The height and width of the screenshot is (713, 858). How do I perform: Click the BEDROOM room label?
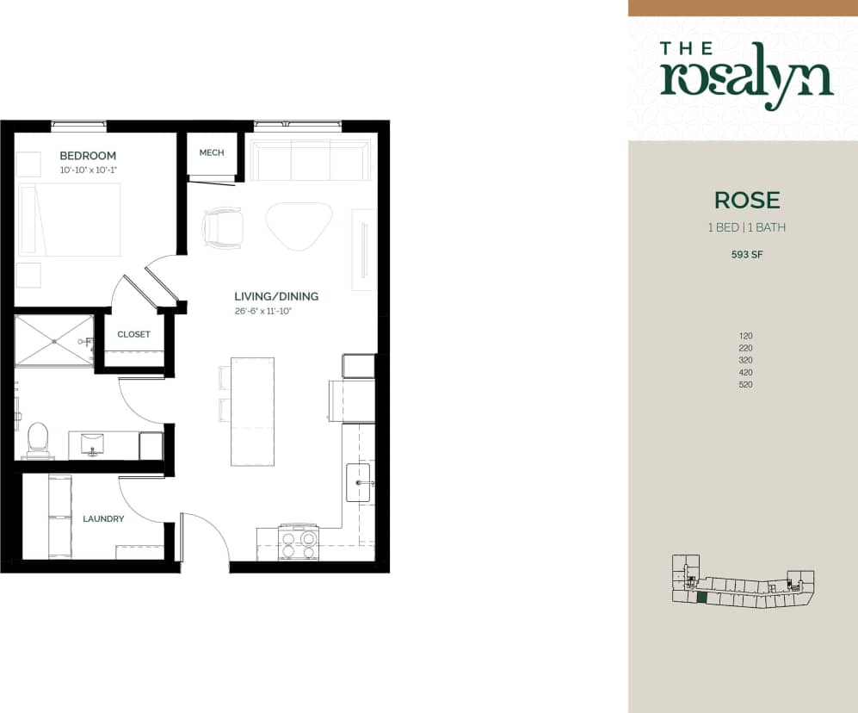[x=87, y=156]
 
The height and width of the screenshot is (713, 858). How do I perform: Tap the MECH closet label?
[x=212, y=152]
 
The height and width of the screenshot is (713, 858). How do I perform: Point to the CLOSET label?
[x=133, y=334]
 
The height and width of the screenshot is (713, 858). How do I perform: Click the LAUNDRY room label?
[x=103, y=519]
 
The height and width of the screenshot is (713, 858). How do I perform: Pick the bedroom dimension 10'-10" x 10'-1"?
[x=87, y=170]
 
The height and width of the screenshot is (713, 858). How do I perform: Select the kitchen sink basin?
[x=358, y=482]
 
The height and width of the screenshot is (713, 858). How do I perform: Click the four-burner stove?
[x=298, y=542]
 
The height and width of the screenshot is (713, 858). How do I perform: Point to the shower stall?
[x=53, y=341]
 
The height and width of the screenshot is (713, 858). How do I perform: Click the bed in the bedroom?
[x=69, y=219]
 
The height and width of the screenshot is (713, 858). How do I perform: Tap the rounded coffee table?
[x=299, y=224]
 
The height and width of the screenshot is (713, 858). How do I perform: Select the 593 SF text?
[x=746, y=254]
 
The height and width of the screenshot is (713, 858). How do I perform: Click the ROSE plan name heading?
[x=747, y=201]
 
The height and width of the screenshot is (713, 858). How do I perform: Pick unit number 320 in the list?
[x=745, y=360]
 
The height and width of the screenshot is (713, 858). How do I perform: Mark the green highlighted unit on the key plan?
[x=701, y=597]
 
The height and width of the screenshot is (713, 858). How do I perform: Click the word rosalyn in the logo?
[x=746, y=78]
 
